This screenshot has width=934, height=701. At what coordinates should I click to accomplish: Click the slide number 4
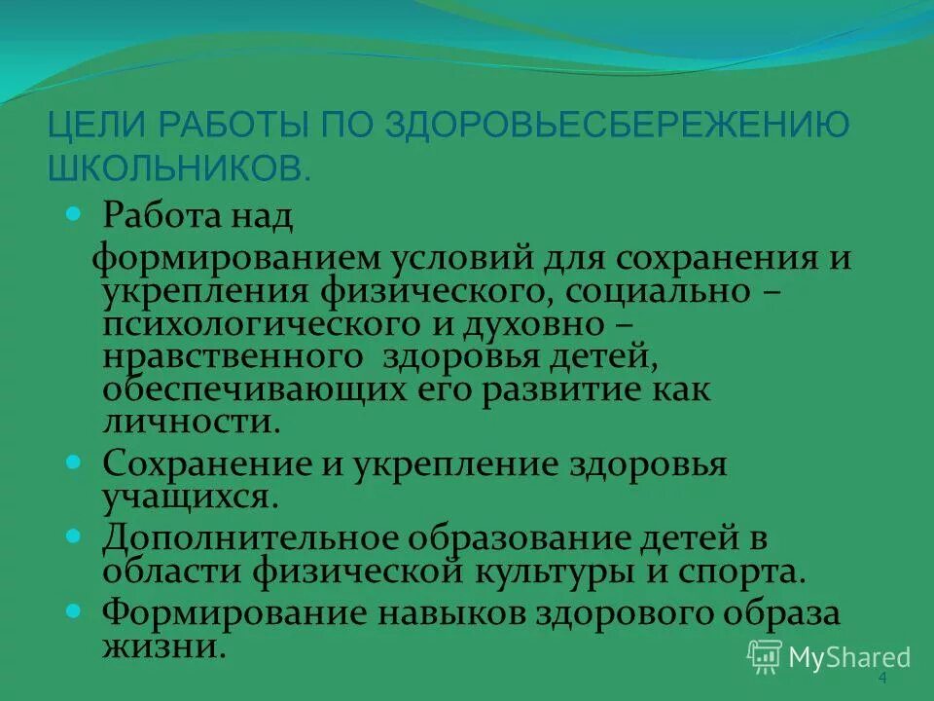(x=882, y=679)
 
